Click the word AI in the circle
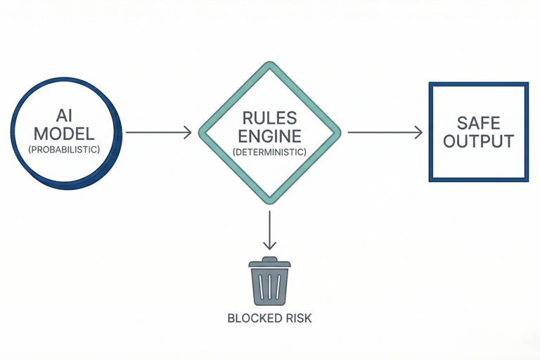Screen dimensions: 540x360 [65, 116]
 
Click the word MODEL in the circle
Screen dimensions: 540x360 [65, 134]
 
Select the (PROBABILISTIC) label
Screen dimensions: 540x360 [65, 150]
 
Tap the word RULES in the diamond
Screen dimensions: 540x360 [270, 118]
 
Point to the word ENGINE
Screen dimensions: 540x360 [270, 136]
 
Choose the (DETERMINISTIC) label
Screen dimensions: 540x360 [270, 152]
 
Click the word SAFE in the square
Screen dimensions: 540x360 [478, 123]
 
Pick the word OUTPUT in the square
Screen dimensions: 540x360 [478, 141]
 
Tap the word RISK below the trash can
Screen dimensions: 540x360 [298, 318]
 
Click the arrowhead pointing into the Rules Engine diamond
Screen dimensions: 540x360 [188, 132]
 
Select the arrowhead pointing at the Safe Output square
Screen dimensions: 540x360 [418, 132]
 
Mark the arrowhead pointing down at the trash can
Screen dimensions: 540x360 [270, 245]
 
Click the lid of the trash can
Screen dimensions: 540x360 [270, 264]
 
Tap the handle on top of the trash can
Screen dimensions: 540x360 [270, 259]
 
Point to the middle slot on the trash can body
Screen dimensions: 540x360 [270, 286]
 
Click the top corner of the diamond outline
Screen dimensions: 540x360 [270, 63]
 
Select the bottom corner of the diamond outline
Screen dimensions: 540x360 [270, 202]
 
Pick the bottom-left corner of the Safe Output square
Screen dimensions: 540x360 [430, 180]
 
